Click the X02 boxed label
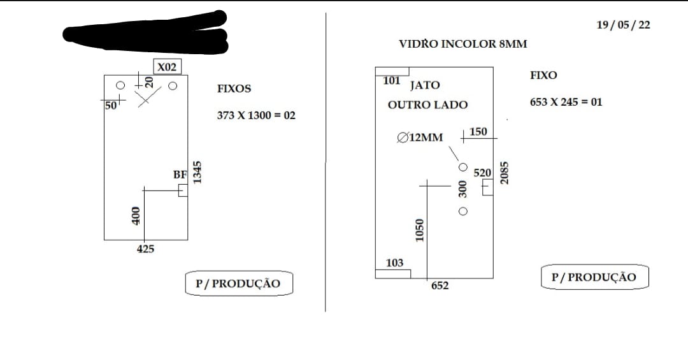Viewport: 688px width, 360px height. coord(167,67)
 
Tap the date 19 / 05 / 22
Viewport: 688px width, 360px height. coord(623,25)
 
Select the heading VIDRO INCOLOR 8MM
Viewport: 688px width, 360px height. coord(463,44)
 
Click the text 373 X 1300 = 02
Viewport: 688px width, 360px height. coord(256,115)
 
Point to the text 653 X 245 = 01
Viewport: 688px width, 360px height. coord(566,103)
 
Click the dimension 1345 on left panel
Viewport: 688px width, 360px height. coord(197,172)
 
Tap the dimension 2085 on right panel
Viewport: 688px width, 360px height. coord(504,173)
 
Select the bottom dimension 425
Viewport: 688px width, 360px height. coord(145,249)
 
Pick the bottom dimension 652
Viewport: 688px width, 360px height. coord(440,286)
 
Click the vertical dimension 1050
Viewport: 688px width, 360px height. coord(419,230)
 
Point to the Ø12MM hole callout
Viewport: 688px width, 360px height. coord(420,138)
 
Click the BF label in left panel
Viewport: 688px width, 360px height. coord(180,175)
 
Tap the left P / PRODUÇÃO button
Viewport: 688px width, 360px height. coord(239,284)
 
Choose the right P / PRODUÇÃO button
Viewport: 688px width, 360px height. coord(594,277)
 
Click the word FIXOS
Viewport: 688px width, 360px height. coord(234,89)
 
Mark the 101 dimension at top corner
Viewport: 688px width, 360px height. coord(391,81)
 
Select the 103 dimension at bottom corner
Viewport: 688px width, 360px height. coord(394,263)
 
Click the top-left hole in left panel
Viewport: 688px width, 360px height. coord(120,85)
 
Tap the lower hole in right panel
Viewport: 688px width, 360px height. coord(463,212)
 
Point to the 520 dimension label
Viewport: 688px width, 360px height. coord(482,173)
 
